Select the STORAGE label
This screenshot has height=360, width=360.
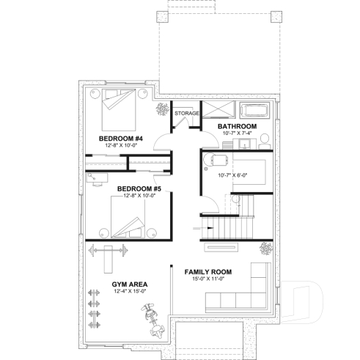click(186, 113)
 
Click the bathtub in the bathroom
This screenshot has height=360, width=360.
click(257, 111)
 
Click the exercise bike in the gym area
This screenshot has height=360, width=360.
click(152, 320)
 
